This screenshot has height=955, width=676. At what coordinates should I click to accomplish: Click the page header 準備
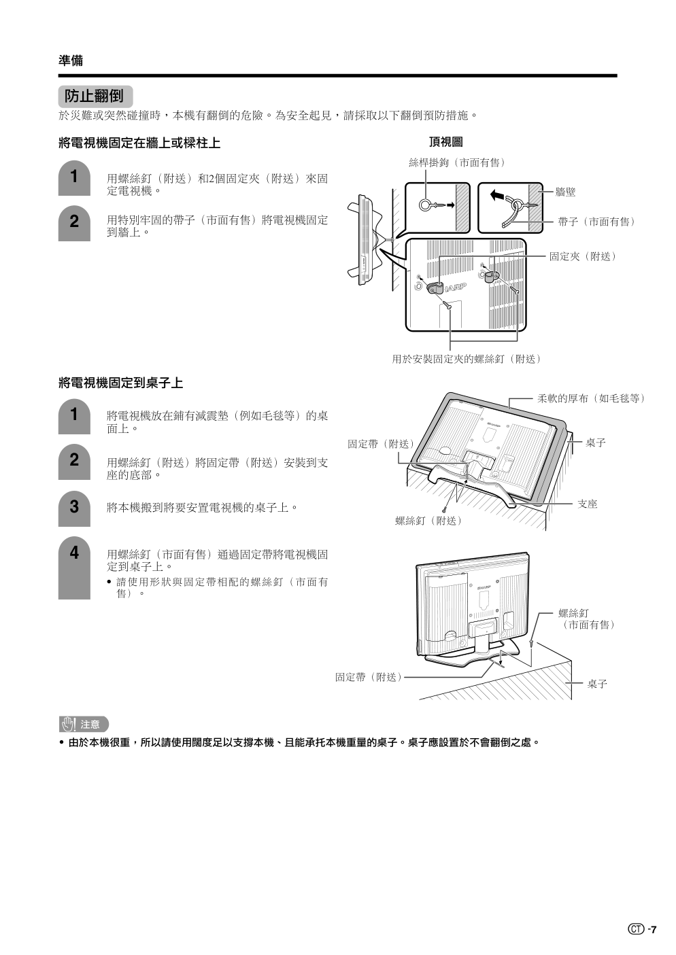pos(71,60)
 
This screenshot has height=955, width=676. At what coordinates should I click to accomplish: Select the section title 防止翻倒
pos(95,96)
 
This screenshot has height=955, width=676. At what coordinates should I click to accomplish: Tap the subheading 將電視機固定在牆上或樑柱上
pos(139,143)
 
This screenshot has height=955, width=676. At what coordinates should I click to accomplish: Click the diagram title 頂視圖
pos(445,142)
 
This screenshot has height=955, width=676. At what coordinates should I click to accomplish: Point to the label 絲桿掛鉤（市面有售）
pos(456,162)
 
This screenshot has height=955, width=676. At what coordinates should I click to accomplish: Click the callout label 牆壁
pos(565,192)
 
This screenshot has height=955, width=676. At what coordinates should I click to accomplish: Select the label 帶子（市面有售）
pos(596,222)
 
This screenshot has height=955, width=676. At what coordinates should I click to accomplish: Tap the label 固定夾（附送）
pos(583,256)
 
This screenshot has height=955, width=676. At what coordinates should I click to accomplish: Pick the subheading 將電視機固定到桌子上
pos(121,383)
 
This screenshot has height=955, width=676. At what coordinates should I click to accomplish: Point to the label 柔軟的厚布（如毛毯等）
pos(591,398)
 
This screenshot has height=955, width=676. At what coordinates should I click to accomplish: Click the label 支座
pos(587,504)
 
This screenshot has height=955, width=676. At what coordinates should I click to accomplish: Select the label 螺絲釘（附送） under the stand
pos(428,521)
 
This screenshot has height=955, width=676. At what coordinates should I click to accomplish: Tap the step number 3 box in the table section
pos(74,508)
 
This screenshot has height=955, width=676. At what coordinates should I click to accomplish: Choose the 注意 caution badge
pos(84,724)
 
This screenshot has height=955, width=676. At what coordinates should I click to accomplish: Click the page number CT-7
pos(643,929)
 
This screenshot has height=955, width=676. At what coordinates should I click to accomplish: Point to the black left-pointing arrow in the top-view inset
pos(498,196)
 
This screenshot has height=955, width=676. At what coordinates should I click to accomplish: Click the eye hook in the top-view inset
pos(426,205)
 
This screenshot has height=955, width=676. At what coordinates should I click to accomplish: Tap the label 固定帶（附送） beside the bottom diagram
pos(368,677)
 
